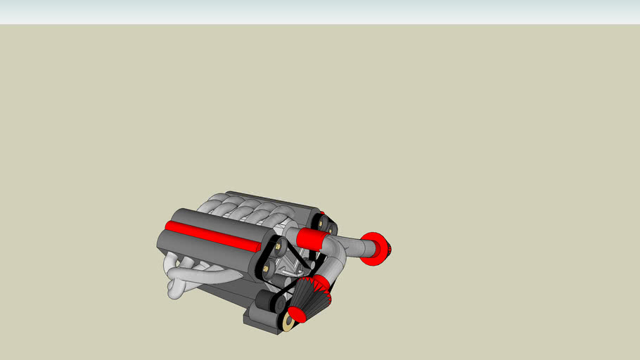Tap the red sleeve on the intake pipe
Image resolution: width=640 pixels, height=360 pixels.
[309, 238]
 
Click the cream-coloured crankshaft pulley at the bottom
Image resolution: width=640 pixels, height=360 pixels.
[288, 322]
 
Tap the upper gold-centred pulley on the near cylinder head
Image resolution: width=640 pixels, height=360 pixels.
[281, 246]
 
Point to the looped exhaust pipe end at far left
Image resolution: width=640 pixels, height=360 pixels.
[175, 289]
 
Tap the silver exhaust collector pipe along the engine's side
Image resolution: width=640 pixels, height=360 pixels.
[211, 276]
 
